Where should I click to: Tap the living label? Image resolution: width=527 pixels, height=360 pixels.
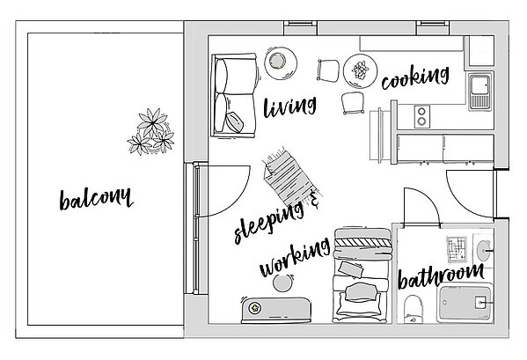289,107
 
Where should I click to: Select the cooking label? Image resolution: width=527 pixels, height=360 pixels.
415,77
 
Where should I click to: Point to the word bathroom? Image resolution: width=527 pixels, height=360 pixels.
441,276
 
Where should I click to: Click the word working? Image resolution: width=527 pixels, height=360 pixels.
295,257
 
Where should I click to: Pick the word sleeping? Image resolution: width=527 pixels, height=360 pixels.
269,222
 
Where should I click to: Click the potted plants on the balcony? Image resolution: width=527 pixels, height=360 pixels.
151,131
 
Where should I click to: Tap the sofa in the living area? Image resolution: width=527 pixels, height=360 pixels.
234,95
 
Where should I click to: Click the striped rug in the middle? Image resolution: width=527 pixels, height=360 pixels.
291,177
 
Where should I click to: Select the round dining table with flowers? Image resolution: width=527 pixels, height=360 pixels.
360,71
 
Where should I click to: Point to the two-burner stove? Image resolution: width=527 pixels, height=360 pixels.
421,116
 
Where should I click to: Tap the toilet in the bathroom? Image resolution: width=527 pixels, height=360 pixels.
414,309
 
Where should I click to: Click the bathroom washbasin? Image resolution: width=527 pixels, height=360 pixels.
484,251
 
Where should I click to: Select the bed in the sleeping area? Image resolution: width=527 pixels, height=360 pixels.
362,276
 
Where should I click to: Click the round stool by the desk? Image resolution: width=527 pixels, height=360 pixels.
283,283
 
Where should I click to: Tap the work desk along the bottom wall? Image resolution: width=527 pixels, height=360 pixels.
276,311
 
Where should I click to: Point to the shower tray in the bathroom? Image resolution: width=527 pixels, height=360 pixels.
465,304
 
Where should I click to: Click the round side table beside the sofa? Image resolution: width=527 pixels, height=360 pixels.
281,63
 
